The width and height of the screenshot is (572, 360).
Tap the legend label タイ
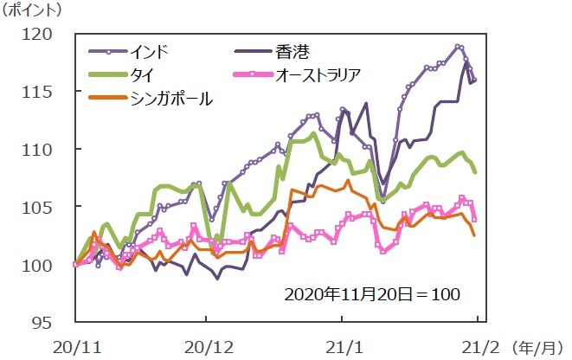pyautogui.click(x=142, y=75)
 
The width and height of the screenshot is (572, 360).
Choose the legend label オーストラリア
pyautogui.click(x=325, y=75)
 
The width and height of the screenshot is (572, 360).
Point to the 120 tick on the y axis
pyautogui.click(x=41, y=34)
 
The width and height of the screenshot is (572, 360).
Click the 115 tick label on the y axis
pyautogui.click(x=41, y=92)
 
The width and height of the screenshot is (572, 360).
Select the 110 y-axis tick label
pyautogui.click(x=41, y=150)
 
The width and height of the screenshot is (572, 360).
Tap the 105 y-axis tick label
pyautogui.click(x=41, y=208)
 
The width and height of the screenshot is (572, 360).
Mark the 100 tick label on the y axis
pyautogui.click(x=41, y=266)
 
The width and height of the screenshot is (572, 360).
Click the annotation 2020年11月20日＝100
pyautogui.click(x=373, y=293)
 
